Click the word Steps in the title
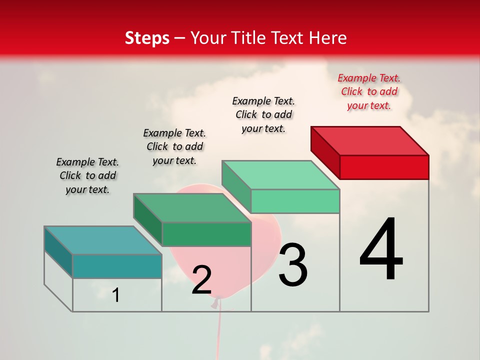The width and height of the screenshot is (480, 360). click(147, 38)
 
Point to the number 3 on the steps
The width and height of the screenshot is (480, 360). click(293, 265)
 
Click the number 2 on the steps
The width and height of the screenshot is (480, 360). click(201, 280)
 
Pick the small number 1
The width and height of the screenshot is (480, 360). click(116, 295)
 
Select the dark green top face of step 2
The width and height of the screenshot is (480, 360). click(192, 208)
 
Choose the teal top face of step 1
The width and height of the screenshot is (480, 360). click(103, 240)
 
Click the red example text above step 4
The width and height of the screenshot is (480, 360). click(369, 91)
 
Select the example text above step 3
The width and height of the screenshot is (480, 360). click(263, 114)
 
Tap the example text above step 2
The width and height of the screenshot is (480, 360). click(174, 146)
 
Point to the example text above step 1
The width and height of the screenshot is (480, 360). click(87, 175)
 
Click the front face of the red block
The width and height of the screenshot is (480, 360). click(384, 167)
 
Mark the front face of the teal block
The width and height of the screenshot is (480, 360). click(117, 266)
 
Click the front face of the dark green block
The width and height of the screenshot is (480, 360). click(206, 234)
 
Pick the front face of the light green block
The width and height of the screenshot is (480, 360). click(295, 201)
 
